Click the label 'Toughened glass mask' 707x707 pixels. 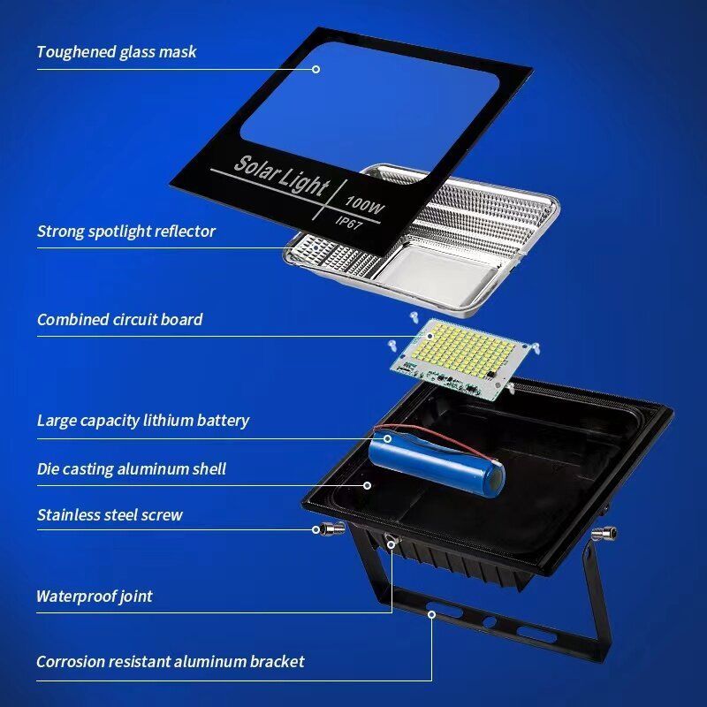click(x=117, y=52)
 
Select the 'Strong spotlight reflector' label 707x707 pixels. click(x=126, y=232)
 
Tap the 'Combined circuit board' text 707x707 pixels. click(x=119, y=320)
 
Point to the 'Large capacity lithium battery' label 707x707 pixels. click(x=143, y=421)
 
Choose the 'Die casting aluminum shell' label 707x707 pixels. click(x=131, y=469)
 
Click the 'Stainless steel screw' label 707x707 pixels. click(x=110, y=515)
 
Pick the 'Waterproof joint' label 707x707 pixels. click(x=95, y=597)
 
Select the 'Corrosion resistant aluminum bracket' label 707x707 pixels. click(x=170, y=662)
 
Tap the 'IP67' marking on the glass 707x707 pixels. click(x=349, y=222)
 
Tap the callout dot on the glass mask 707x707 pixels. click(x=316, y=69)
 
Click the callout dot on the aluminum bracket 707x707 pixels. click(x=431, y=614)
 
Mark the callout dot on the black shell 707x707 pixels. click(x=368, y=485)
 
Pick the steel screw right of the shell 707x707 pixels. click(x=604, y=534)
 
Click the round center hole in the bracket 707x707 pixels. click(x=490, y=623)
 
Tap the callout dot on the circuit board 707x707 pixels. click(x=430, y=336)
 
